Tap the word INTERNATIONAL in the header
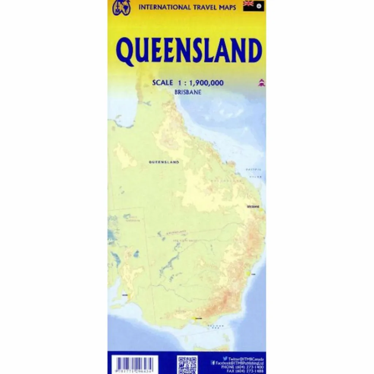click(161, 7)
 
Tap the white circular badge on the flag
click(259, 6)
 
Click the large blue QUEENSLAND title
click(189, 51)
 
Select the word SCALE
click(163, 83)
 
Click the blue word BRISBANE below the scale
click(188, 92)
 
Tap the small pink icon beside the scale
click(262, 83)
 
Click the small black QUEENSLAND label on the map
click(164, 161)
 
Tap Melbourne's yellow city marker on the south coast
click(197, 318)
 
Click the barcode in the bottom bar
click(134, 365)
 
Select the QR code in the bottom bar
click(187, 365)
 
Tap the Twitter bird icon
click(225, 359)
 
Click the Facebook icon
click(213, 363)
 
